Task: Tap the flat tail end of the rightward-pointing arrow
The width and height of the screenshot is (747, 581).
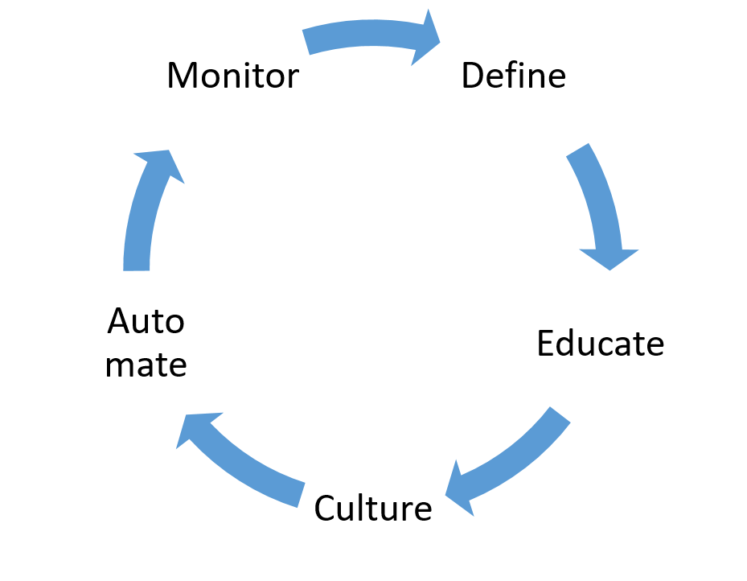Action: (306, 43)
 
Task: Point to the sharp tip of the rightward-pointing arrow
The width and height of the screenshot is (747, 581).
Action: (441, 40)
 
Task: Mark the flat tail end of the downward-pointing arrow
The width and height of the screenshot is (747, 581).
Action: (577, 149)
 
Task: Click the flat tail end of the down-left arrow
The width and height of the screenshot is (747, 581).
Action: (561, 413)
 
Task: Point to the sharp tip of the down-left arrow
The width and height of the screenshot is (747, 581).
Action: (445, 494)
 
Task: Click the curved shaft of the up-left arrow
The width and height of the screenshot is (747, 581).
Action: (249, 471)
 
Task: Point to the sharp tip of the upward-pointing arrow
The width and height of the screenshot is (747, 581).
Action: (170, 149)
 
